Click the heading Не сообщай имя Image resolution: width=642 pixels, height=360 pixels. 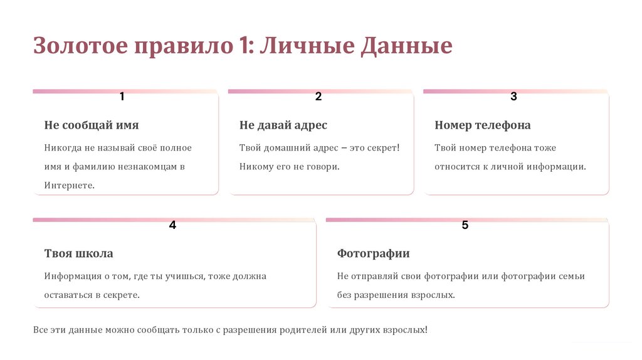92,125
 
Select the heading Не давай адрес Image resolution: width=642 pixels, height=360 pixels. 283,125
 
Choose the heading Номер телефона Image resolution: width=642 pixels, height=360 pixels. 482,125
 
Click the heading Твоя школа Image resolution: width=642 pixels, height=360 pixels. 78,253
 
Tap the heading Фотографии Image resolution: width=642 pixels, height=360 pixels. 373,253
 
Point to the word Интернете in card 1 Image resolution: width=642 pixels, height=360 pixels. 69,186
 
